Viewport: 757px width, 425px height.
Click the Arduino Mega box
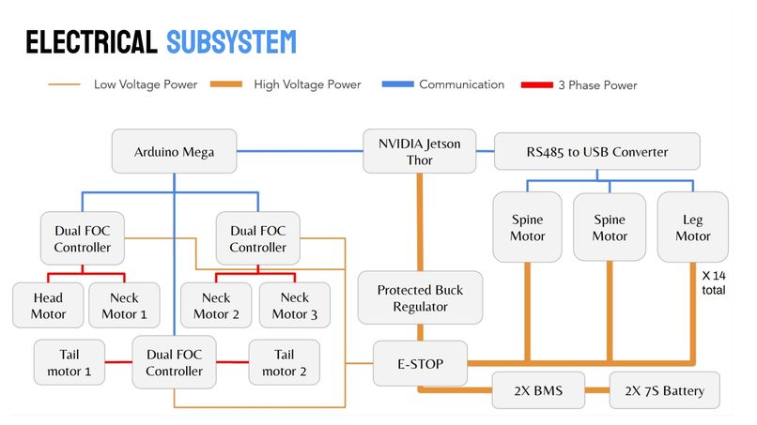coord(173,151)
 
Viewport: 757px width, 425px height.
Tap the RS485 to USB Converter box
coord(596,151)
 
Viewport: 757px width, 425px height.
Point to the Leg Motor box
coord(693,227)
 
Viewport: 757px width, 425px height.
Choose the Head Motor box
coord(48,305)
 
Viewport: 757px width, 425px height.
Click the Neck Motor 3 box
coord(295,305)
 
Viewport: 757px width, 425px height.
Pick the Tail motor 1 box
coord(69,362)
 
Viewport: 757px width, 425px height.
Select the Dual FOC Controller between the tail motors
coord(174,362)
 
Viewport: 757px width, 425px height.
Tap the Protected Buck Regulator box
coord(420,298)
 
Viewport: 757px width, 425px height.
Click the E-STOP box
coord(420,362)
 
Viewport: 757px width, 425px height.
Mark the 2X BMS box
coord(538,389)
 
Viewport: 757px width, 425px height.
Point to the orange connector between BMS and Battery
coord(597,389)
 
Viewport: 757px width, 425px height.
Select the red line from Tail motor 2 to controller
coord(232,362)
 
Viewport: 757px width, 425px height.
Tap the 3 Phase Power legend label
coord(599,85)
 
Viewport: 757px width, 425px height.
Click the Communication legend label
coord(461,84)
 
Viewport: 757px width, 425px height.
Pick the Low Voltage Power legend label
coord(146,84)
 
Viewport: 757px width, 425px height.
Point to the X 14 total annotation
coord(713,283)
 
